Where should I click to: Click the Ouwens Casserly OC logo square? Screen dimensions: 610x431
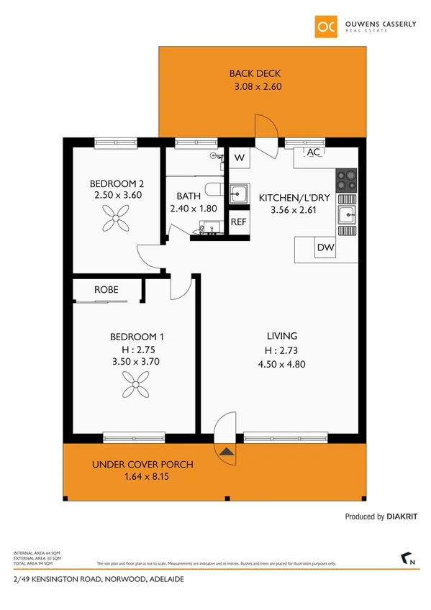click(325, 27)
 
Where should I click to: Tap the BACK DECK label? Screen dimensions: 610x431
click(255, 73)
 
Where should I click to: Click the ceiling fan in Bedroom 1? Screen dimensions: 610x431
click(135, 389)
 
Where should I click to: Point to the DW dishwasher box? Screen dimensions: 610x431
click(325, 248)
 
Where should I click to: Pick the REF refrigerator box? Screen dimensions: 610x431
click(238, 222)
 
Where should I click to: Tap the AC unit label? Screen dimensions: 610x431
click(314, 152)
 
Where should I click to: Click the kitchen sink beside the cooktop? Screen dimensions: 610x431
click(347, 214)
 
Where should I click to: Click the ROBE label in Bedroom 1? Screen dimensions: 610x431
click(106, 290)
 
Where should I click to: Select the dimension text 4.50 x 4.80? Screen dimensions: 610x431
click(282, 364)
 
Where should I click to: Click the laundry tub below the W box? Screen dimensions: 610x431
click(238, 193)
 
